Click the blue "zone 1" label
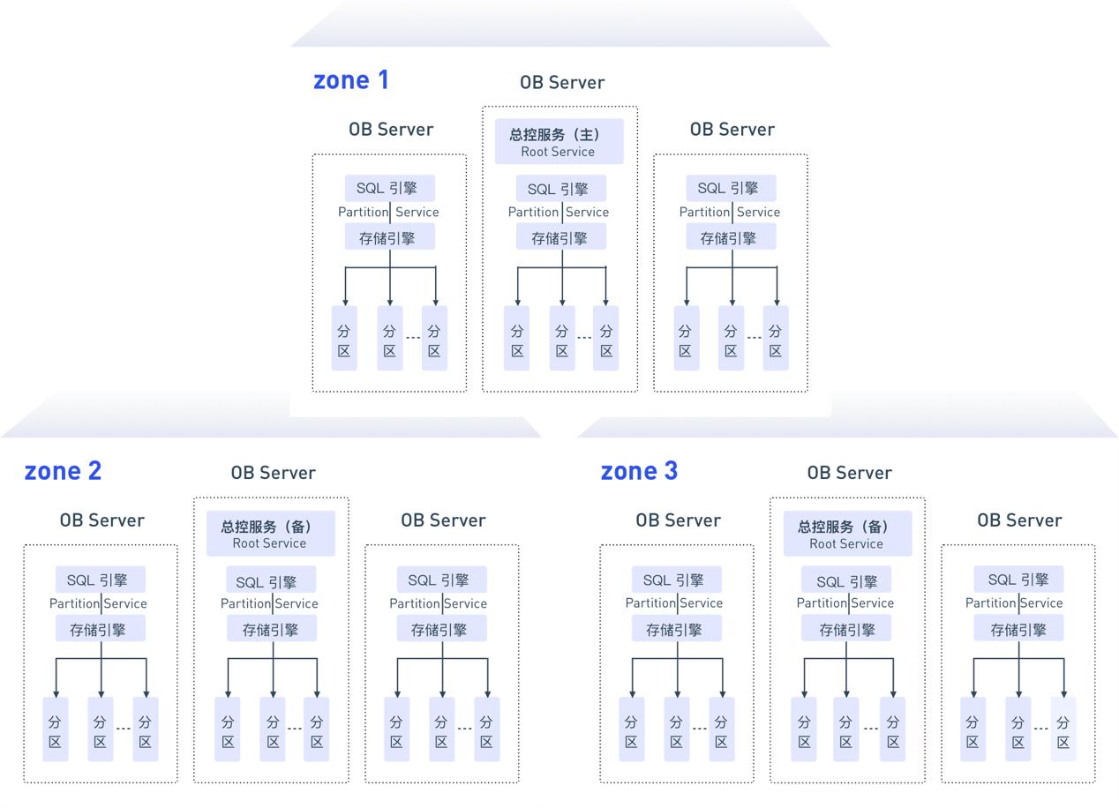point(350,80)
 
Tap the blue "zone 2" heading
point(63,471)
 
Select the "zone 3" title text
point(639,471)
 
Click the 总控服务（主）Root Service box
point(559,142)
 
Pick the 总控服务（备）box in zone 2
point(270,534)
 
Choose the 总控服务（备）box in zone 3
point(846,534)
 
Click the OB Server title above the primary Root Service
point(562,83)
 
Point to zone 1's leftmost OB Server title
point(390,130)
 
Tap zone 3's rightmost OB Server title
point(1018,520)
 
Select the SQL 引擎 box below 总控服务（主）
point(560,189)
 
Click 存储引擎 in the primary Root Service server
point(560,238)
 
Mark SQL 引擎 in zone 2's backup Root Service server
point(271,581)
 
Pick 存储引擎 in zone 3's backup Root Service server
point(846,630)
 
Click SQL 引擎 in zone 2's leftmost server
point(100,580)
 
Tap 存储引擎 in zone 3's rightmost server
point(1018,630)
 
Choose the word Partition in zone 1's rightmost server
point(704,212)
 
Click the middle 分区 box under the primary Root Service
point(561,339)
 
